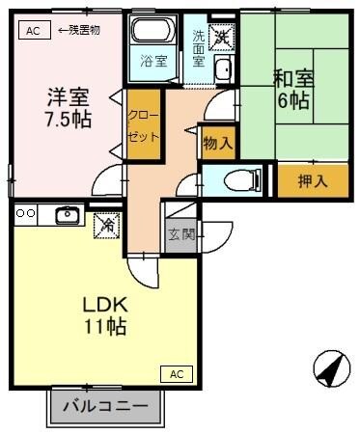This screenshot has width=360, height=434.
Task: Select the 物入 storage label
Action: point(217,143)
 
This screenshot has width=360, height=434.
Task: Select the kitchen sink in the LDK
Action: point(67,214)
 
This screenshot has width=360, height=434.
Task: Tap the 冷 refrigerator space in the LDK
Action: point(105,224)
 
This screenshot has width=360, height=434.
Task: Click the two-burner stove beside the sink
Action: point(25,213)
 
